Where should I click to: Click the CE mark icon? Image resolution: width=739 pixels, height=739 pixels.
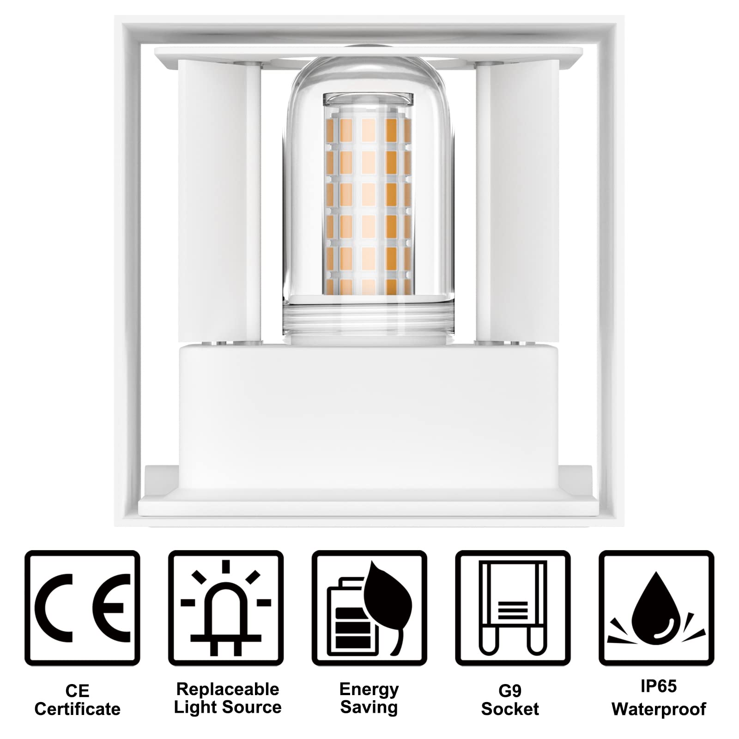tap(82, 607)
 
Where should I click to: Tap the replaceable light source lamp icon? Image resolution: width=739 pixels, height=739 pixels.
tap(226, 607)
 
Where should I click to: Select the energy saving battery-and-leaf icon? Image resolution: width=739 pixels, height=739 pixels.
tap(369, 607)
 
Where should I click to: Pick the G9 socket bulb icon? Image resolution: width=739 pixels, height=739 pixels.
tap(513, 607)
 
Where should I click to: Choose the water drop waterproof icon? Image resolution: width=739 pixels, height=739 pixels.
tap(656, 607)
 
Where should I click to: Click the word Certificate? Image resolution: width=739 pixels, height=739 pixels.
tap(77, 709)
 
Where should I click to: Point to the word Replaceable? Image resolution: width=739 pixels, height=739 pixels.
tap(228, 689)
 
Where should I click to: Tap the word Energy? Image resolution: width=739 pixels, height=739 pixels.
tap(369, 689)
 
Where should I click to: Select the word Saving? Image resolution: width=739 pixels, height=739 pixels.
tap(369, 708)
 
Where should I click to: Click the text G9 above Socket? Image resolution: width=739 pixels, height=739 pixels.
tap(510, 691)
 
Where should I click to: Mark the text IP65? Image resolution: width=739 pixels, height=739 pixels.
tap(659, 686)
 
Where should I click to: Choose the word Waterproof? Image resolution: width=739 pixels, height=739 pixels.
tap(659, 709)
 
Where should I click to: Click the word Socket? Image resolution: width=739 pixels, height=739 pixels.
tap(510, 709)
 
